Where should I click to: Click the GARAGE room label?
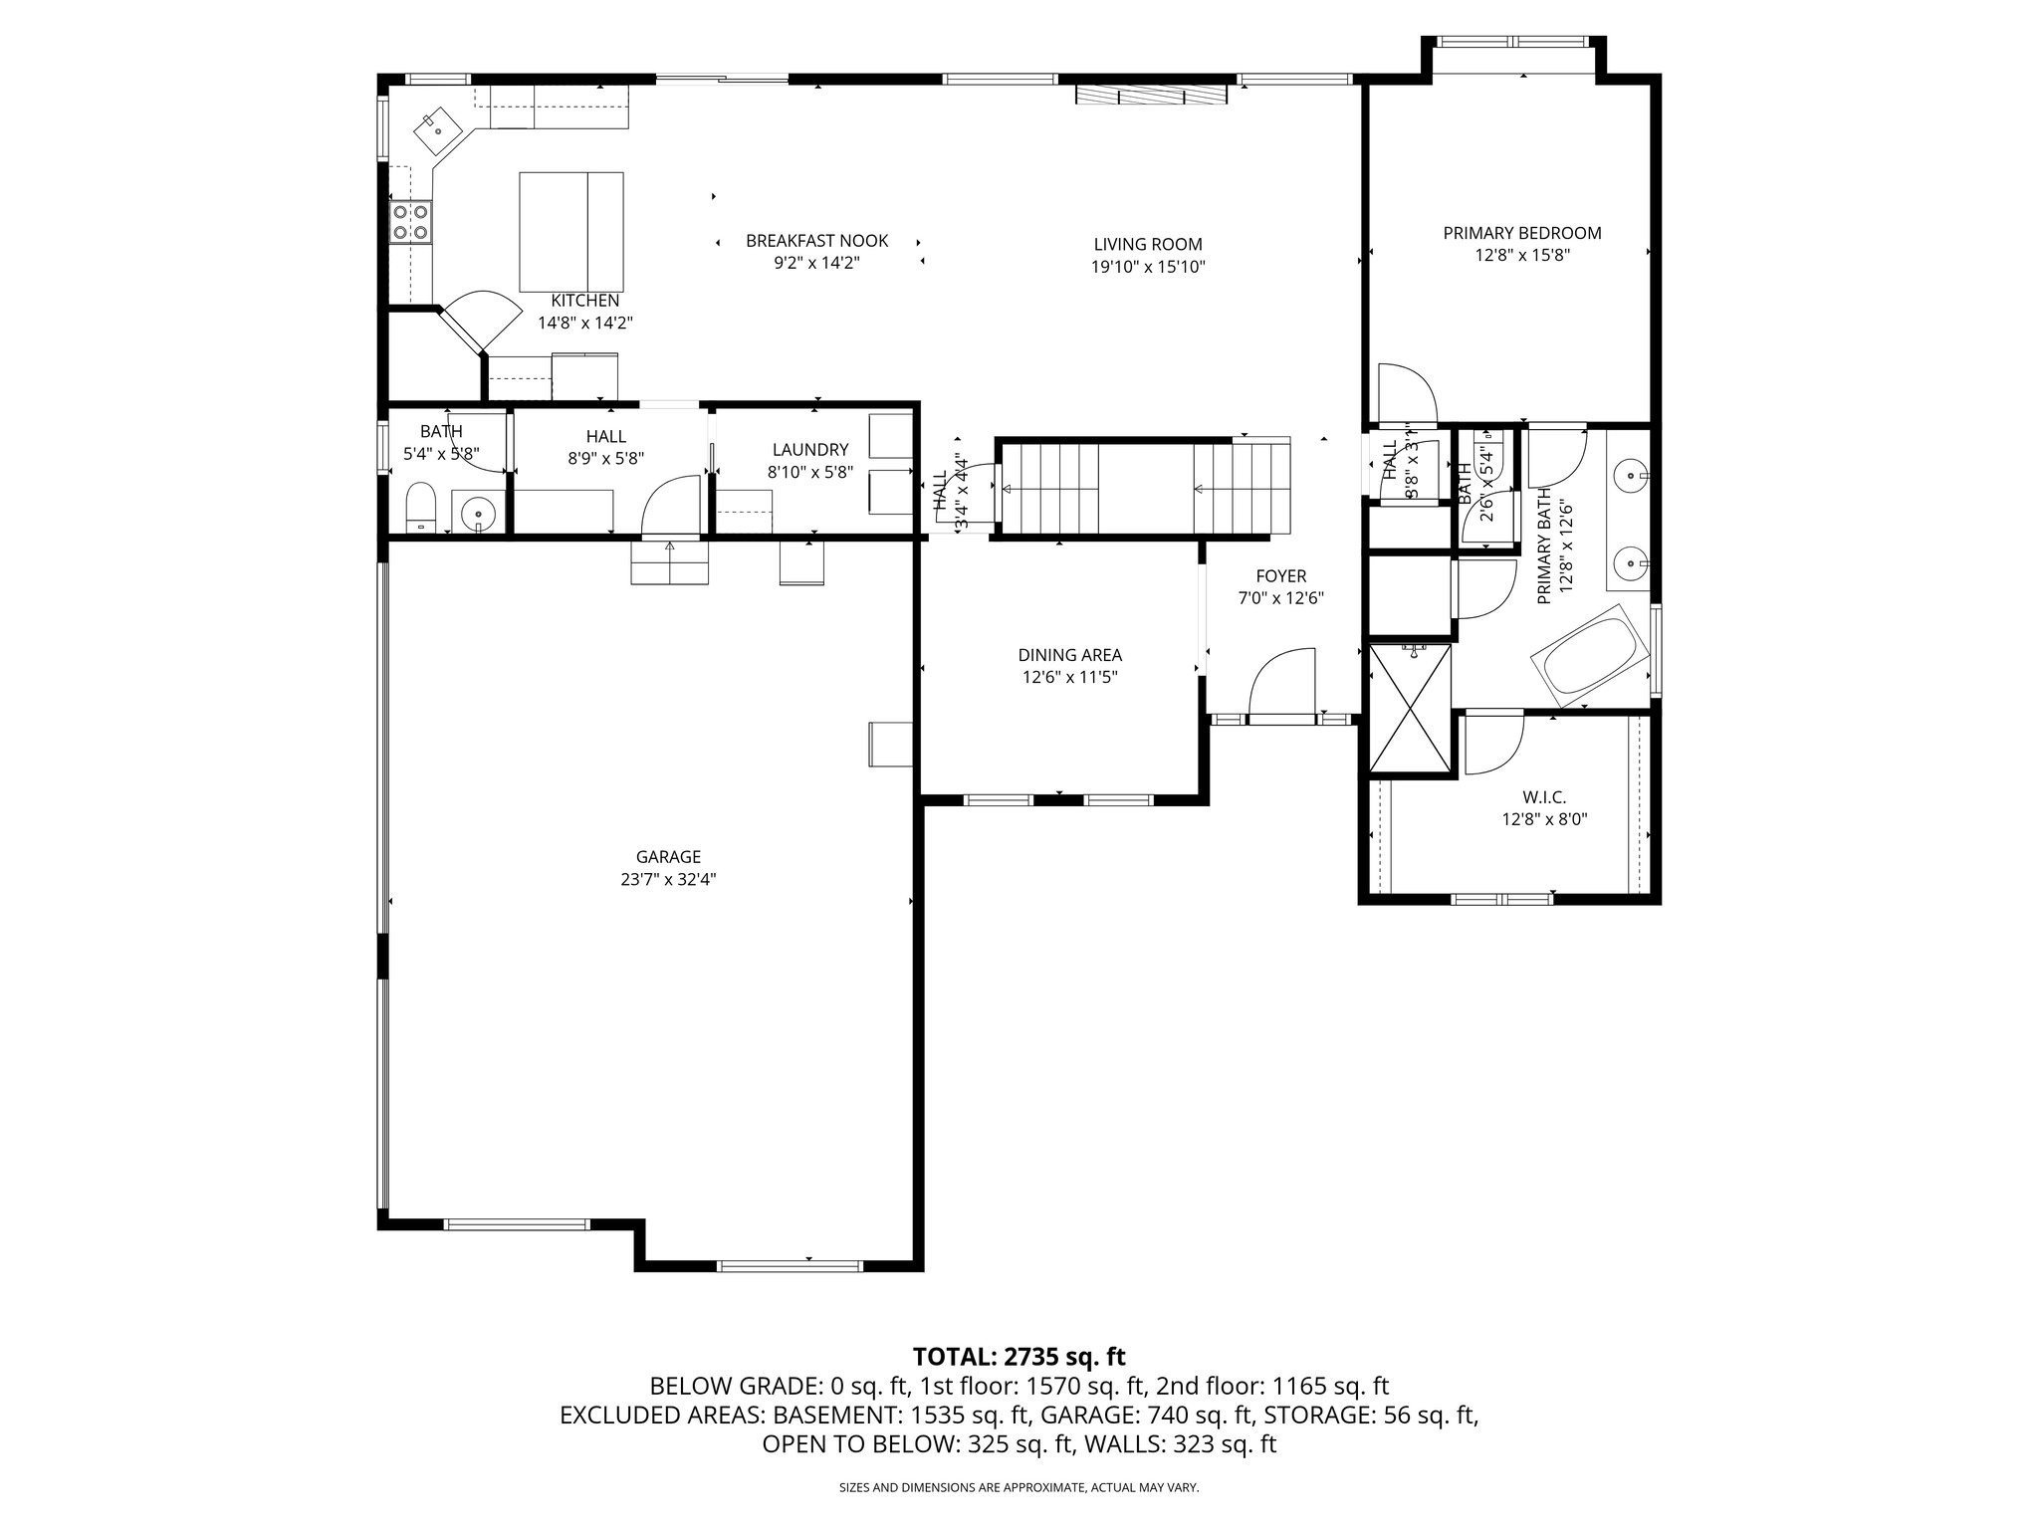pos(668,857)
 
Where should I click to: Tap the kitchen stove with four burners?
pos(410,221)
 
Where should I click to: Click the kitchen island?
pos(571,229)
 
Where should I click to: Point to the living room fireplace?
pos(1150,95)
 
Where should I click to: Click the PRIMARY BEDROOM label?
pos(1521,233)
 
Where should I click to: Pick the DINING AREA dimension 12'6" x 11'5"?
pos(1069,677)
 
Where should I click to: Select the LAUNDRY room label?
pos(809,450)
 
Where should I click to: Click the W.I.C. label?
pos(1544,797)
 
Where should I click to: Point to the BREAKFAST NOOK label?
pos(816,241)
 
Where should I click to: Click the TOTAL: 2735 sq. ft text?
pos(1019,1356)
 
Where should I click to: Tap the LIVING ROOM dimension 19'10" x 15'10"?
pos(1148,267)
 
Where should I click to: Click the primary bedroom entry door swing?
pos(1405,394)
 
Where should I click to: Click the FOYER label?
pos(1280,576)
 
